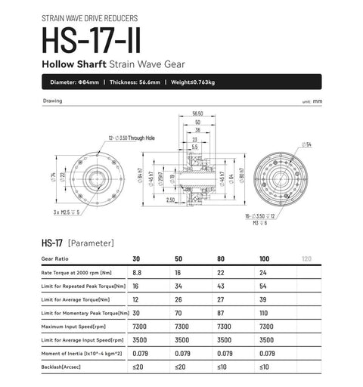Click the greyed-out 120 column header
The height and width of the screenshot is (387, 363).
(x=306, y=259)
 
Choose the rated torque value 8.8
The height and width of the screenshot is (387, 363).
(x=137, y=272)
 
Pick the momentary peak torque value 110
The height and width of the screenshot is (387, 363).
(x=263, y=313)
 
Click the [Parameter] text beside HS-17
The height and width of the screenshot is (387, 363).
(x=91, y=243)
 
